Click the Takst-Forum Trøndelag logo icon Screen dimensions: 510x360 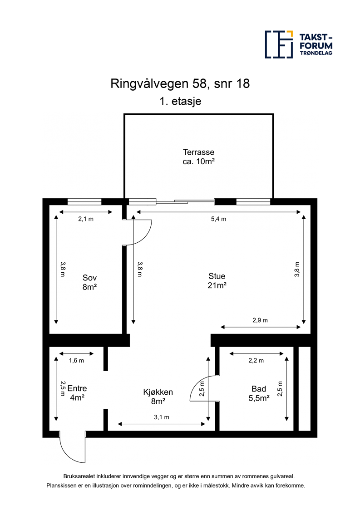(x=279, y=44)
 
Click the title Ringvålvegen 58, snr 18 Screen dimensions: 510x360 (x=180, y=84)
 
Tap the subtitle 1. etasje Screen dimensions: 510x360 (x=180, y=102)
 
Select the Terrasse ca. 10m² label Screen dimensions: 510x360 (x=198, y=156)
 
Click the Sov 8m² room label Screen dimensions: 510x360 (x=90, y=282)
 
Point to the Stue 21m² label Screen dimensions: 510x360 (x=217, y=280)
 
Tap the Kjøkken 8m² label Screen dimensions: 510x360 (x=158, y=397)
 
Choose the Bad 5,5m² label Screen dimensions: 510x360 (x=259, y=393)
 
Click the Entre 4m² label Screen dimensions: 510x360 (x=77, y=392)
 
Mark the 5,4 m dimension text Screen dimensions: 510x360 (x=218, y=219)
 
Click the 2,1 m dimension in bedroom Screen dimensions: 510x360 (x=86, y=219)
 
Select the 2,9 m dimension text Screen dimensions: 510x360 (x=260, y=320)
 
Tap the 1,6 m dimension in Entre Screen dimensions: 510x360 (x=76, y=360)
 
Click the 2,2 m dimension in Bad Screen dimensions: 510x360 (x=256, y=360)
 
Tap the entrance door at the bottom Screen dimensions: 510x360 (x=72, y=449)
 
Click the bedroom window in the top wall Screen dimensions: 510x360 (x=84, y=202)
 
